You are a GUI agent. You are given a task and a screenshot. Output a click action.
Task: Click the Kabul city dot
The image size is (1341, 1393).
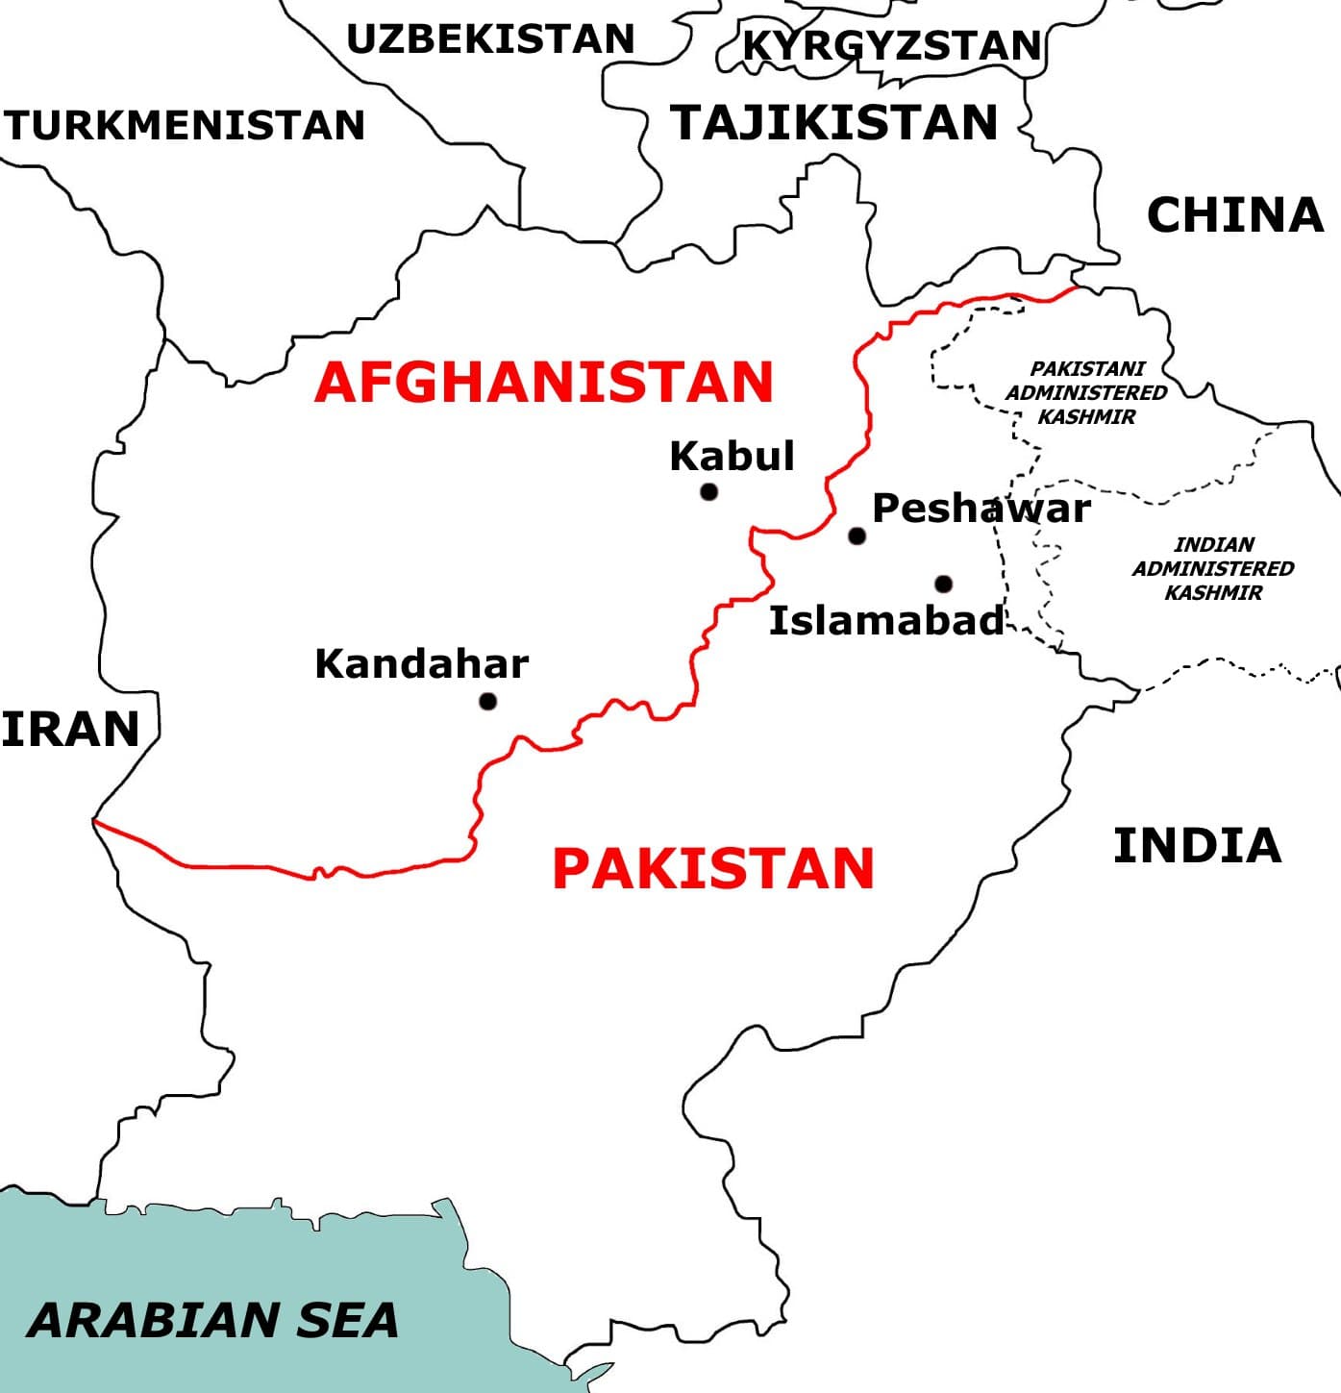tap(708, 492)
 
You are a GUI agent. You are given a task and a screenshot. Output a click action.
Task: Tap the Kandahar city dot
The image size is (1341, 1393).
tap(487, 701)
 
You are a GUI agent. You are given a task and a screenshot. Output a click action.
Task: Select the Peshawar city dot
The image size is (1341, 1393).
tap(857, 535)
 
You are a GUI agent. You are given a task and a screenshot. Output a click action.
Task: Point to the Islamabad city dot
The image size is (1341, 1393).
tap(943, 584)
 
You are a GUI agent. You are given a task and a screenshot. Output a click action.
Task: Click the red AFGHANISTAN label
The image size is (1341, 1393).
tap(544, 383)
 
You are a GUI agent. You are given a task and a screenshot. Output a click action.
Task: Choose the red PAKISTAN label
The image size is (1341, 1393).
tap(713, 868)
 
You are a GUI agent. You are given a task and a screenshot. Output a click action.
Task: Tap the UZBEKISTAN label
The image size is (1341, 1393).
tap(490, 39)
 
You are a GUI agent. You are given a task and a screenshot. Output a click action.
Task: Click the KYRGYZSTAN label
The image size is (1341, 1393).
tap(892, 45)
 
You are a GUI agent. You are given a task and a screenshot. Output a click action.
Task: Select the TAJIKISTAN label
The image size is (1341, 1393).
tap(834, 123)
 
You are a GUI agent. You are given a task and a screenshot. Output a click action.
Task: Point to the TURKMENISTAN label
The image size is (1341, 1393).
tap(184, 126)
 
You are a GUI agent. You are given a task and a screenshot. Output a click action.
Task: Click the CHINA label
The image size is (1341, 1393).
tap(1235, 215)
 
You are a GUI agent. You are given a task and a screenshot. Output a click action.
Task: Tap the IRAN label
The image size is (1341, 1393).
tap(70, 729)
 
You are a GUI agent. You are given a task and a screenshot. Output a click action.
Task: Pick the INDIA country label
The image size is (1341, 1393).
tap(1197, 846)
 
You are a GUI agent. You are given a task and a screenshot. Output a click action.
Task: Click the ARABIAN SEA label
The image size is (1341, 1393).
tap(212, 1320)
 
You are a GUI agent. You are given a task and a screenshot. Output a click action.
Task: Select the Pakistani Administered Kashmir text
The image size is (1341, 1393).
tap(1086, 392)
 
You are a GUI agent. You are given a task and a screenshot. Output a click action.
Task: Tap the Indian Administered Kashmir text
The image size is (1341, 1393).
tap(1212, 568)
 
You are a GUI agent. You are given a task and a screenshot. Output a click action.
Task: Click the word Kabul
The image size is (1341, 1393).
tap(733, 456)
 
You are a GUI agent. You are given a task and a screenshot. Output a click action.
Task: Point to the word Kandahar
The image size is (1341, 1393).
tap(421, 664)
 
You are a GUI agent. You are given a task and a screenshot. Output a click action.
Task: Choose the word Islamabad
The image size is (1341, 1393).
tap(886, 621)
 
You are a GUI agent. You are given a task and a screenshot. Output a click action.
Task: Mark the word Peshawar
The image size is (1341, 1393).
tap(981, 508)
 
